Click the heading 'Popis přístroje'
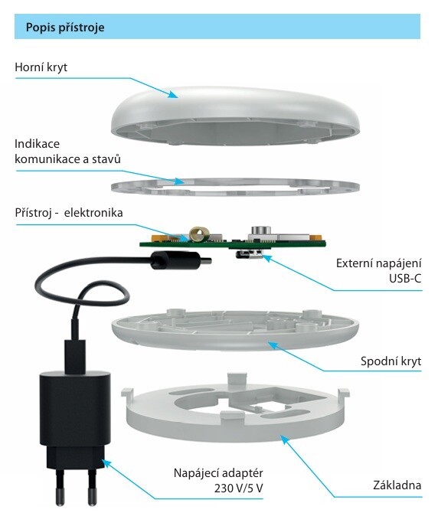(65, 27)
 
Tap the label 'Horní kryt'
(41, 67)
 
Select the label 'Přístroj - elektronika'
(69, 213)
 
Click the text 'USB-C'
(405, 279)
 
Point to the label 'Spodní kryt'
(391, 361)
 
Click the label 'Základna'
(397, 485)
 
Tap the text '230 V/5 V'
(238, 488)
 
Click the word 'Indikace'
(37, 144)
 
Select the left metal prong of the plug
(60, 488)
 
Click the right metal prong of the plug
(92, 488)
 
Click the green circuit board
(233, 244)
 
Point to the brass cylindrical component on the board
(199, 234)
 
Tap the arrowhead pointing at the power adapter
(106, 463)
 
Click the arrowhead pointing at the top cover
(173, 95)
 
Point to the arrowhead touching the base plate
(284, 439)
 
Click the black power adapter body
(75, 420)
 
